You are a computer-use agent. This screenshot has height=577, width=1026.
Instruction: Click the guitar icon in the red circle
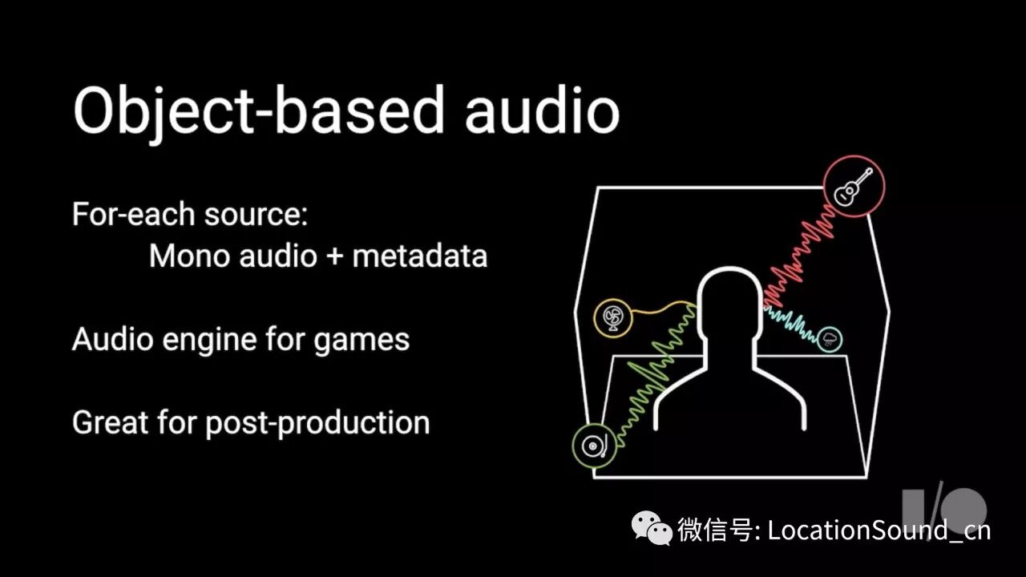point(854,186)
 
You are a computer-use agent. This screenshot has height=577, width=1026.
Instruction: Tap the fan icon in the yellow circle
point(613,318)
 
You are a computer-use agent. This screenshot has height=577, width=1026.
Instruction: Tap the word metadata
point(419,256)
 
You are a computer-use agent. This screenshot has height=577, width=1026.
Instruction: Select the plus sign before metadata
point(334,256)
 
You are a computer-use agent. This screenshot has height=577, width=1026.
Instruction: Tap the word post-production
point(317,423)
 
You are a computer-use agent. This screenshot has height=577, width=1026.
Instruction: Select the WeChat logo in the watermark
point(651,528)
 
